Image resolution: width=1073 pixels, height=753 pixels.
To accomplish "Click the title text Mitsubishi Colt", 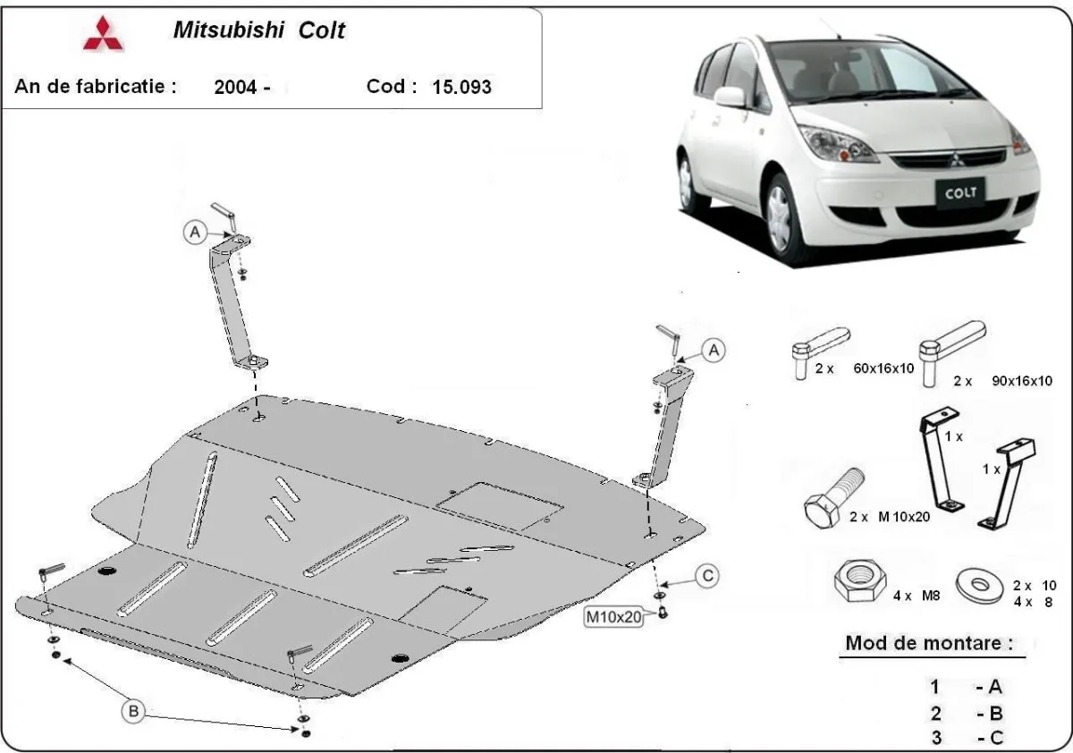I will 258,30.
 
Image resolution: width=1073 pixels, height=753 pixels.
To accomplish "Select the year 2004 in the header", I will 237,87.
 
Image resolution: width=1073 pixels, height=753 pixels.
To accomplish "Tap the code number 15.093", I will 461,87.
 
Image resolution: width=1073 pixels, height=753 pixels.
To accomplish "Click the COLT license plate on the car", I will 959,190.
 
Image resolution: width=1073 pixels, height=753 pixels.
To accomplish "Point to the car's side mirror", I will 730,97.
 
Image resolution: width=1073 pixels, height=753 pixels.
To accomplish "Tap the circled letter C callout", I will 707,576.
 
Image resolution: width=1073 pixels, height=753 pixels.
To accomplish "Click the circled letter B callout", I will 133,711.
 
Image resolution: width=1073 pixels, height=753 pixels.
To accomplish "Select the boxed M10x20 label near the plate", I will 614,616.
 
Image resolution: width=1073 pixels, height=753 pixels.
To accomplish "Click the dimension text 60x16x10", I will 883,368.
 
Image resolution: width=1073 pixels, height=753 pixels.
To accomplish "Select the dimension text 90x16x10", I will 1022,380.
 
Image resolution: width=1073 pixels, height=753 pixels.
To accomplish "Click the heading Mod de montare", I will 929,642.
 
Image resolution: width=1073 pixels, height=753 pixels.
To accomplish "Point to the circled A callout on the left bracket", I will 194,233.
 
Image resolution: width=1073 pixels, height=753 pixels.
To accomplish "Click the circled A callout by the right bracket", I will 713,351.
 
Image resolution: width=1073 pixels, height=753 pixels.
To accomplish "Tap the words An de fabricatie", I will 95,86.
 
